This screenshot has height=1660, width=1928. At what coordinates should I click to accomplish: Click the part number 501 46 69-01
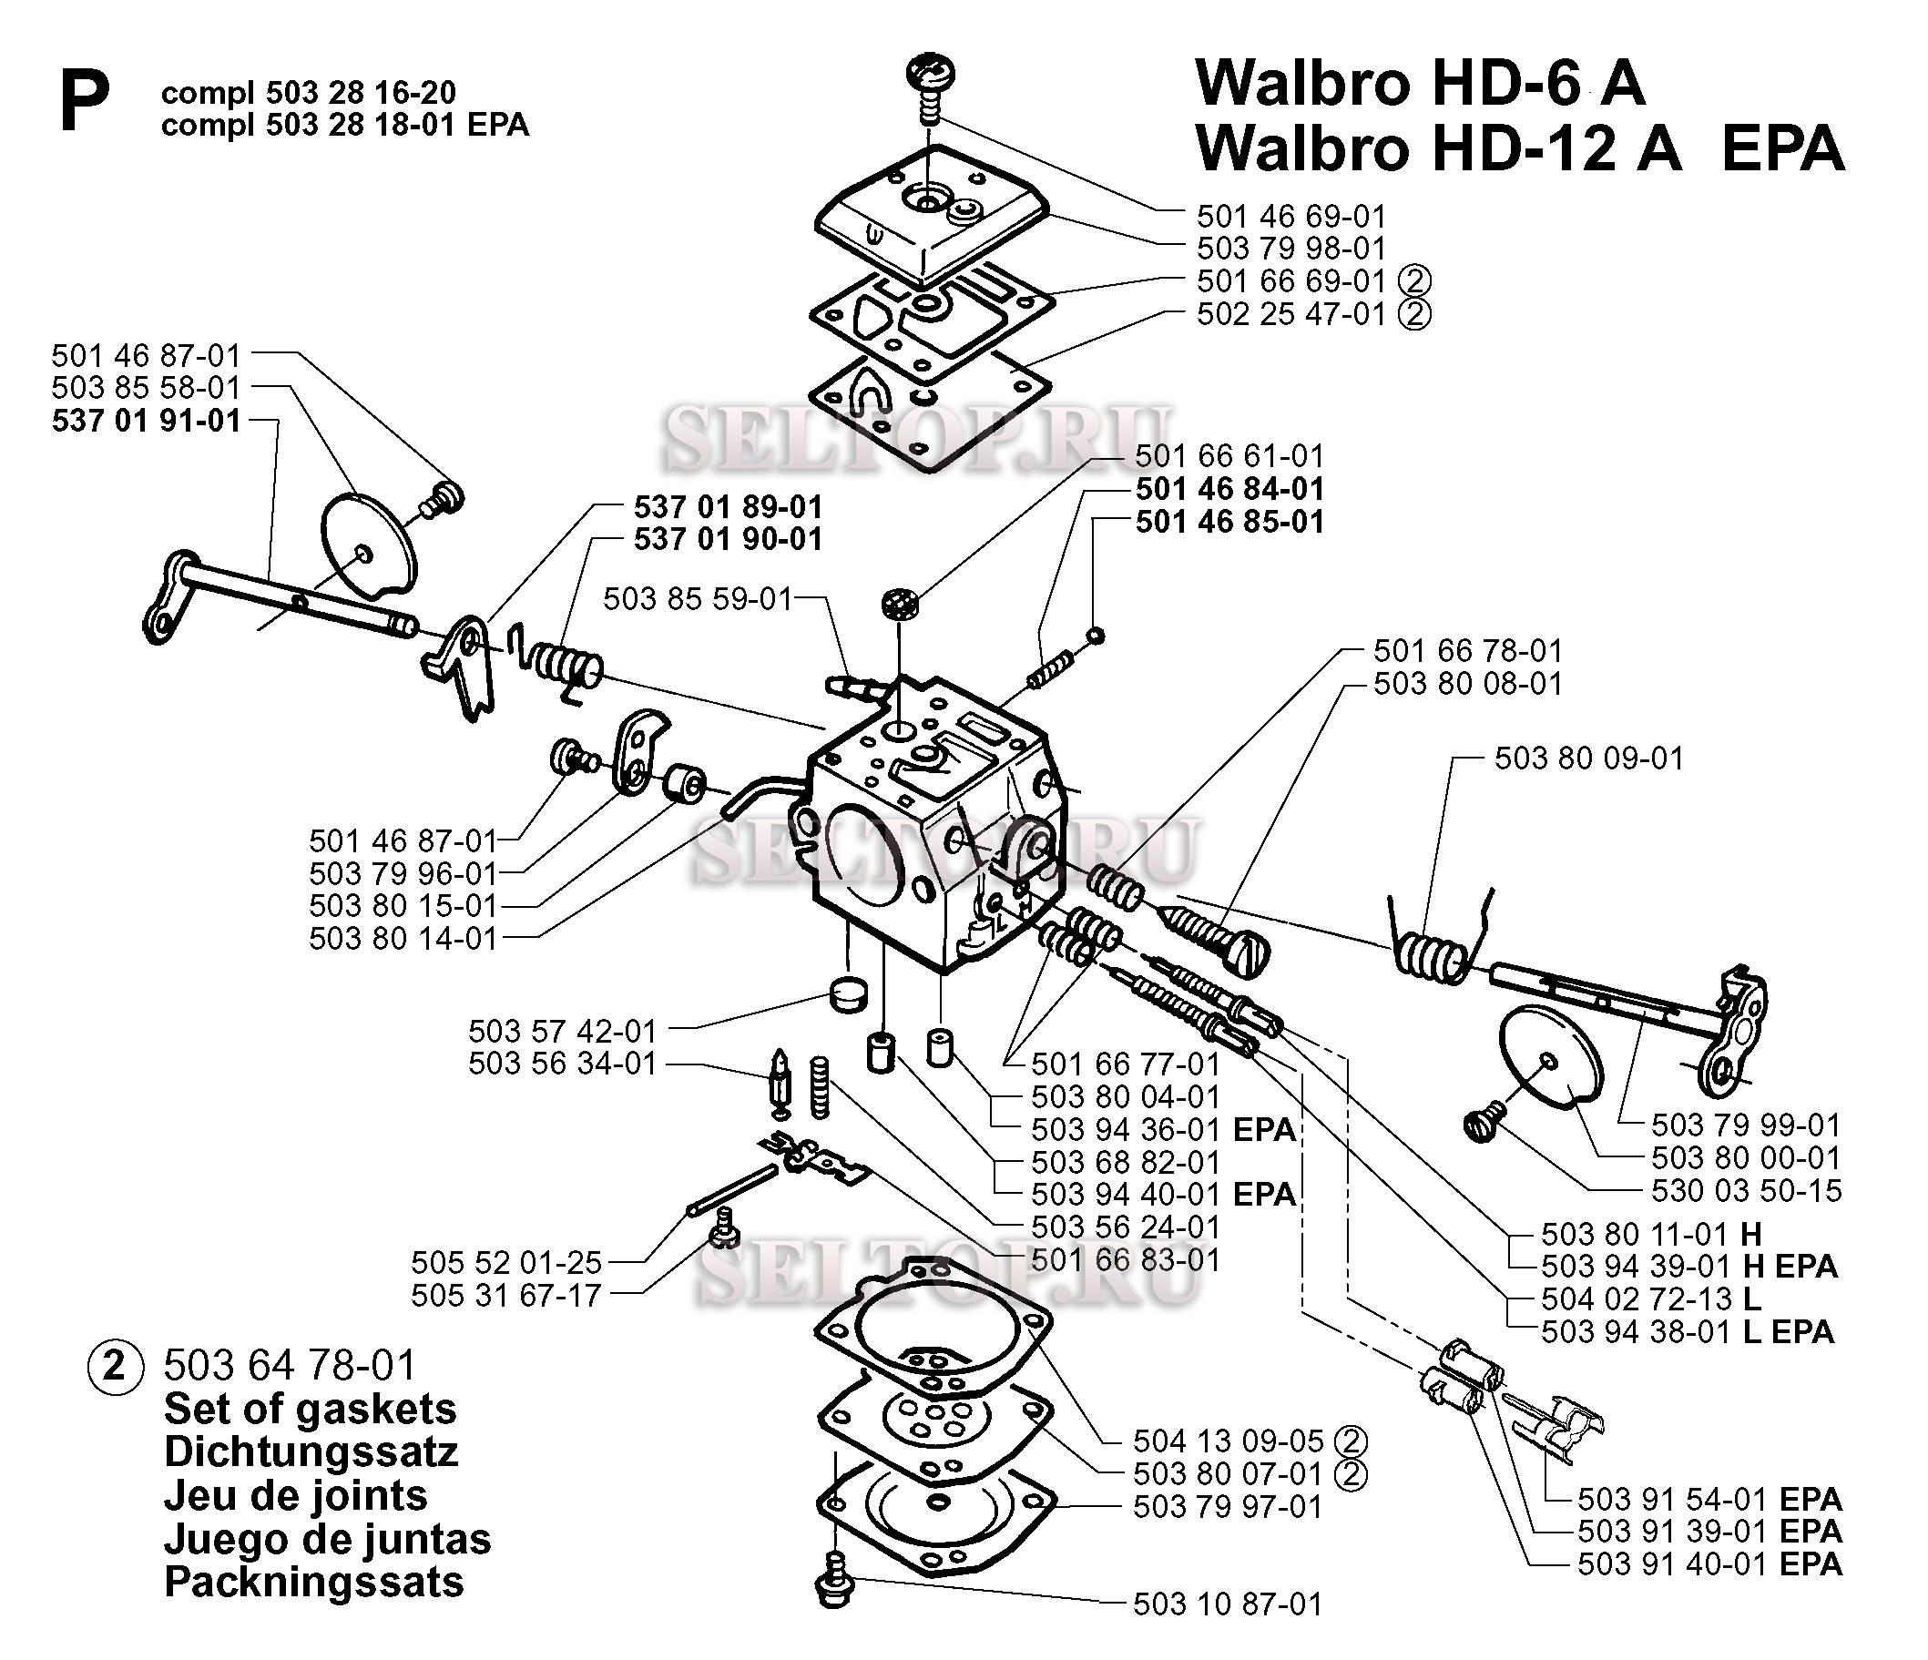tap(1290, 217)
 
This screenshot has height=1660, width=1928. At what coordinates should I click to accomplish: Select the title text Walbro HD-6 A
tap(1419, 85)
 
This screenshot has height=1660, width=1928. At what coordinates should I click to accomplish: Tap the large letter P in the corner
tap(84, 102)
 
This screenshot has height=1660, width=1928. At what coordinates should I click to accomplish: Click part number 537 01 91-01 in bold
tap(146, 421)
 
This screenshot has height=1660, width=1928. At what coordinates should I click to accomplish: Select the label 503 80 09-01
tap(1588, 759)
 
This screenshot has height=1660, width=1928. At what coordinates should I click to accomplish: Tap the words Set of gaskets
tap(310, 1409)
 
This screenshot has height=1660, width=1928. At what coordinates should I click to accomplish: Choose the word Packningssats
tap(313, 1582)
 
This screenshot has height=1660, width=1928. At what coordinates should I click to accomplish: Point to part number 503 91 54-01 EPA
tap(1709, 1499)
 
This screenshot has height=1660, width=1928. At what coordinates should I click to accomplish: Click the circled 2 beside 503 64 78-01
tap(116, 1366)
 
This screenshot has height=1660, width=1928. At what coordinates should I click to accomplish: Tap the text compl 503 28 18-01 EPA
tap(344, 125)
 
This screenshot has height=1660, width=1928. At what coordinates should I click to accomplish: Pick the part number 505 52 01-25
tap(506, 1263)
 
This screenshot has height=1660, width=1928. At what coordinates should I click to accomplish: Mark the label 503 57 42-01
tap(562, 1031)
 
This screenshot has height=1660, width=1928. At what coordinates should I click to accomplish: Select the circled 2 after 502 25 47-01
tap(1414, 313)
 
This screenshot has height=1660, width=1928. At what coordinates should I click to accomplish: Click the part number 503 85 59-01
tap(698, 599)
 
